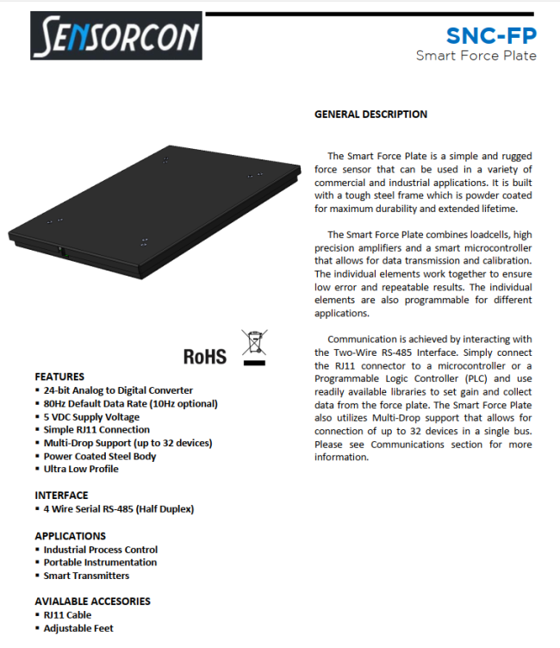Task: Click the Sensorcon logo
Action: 117,36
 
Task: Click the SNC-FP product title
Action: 490,35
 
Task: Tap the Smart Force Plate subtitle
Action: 476,56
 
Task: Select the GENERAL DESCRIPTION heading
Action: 370,114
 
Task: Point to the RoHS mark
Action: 205,355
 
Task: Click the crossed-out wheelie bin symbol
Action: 254,346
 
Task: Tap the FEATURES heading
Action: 59,377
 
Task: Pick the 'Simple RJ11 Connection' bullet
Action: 96,429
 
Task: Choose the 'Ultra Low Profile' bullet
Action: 81,469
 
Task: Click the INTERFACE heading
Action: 61,495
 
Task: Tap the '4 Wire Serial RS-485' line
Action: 119,508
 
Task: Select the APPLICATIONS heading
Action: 71,536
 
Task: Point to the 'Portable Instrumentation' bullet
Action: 100,562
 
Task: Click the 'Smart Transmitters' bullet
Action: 86,575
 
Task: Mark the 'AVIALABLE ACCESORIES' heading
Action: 92,601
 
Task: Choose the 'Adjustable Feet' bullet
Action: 78,628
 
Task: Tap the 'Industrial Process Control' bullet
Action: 101,549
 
